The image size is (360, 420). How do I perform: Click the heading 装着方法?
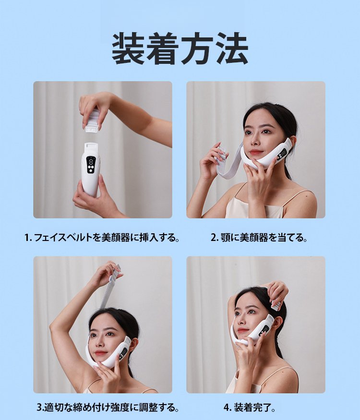tap(180, 49)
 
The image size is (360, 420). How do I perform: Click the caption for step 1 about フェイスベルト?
tap(102, 237)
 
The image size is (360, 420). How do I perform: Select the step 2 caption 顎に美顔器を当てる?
tap(259, 237)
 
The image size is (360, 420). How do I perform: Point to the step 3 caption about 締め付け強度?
tap(108, 408)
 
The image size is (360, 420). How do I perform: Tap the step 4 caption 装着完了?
tap(250, 408)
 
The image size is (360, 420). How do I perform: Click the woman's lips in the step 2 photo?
tap(256, 153)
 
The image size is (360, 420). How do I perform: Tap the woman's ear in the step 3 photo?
tap(133, 344)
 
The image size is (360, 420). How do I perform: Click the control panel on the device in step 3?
tap(123, 354)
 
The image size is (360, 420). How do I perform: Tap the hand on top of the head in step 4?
tap(275, 292)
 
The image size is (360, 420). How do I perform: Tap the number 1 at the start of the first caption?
tap(27, 238)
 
